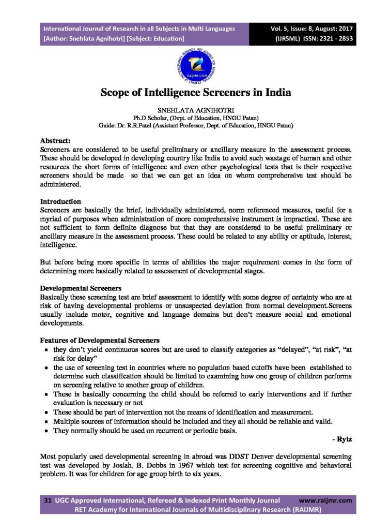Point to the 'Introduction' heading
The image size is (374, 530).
pyautogui.click(x=60, y=201)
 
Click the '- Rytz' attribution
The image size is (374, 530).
pyautogui.click(x=341, y=439)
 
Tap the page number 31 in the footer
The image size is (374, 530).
pyautogui.click(x=47, y=500)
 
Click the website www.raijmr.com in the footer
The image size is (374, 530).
pyautogui.click(x=325, y=500)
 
